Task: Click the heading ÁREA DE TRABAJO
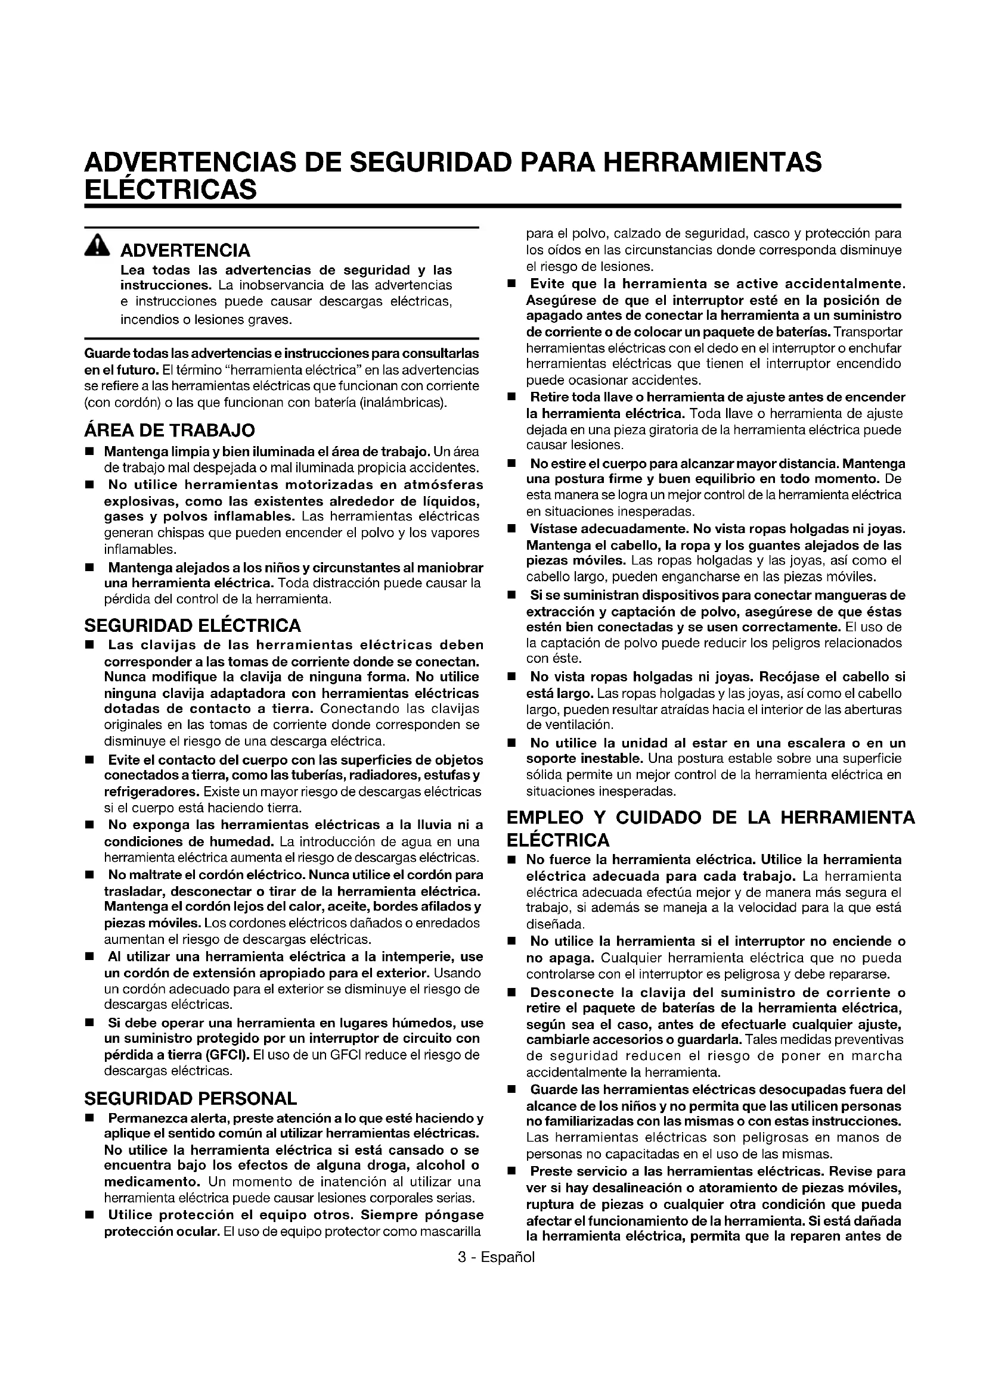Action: click(169, 430)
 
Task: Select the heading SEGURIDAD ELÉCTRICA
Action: click(193, 625)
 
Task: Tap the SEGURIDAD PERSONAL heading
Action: click(191, 1098)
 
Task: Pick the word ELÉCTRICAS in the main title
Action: click(170, 190)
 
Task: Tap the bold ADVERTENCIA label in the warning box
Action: click(185, 250)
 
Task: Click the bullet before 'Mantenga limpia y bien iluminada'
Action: click(90, 452)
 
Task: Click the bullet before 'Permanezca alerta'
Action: click(90, 1118)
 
